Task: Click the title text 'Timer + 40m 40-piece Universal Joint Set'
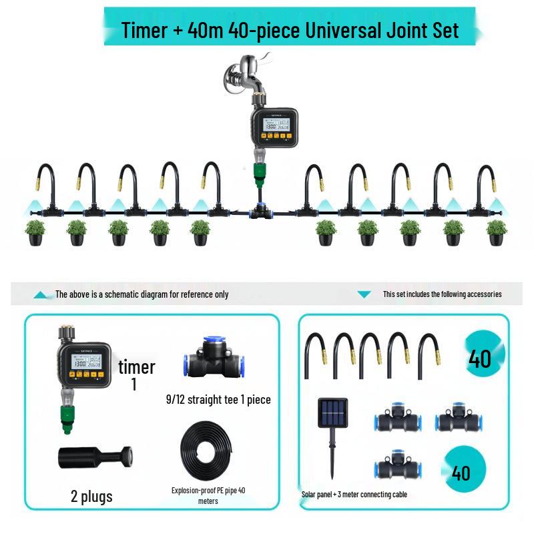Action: point(290,29)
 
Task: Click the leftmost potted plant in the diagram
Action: point(36,231)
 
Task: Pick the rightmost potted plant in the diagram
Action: point(496,231)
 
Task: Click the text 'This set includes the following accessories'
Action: point(442,294)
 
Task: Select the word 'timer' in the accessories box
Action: point(136,366)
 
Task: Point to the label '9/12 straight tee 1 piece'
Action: point(218,400)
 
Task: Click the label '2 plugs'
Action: point(91,496)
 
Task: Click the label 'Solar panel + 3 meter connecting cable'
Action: point(354,495)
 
